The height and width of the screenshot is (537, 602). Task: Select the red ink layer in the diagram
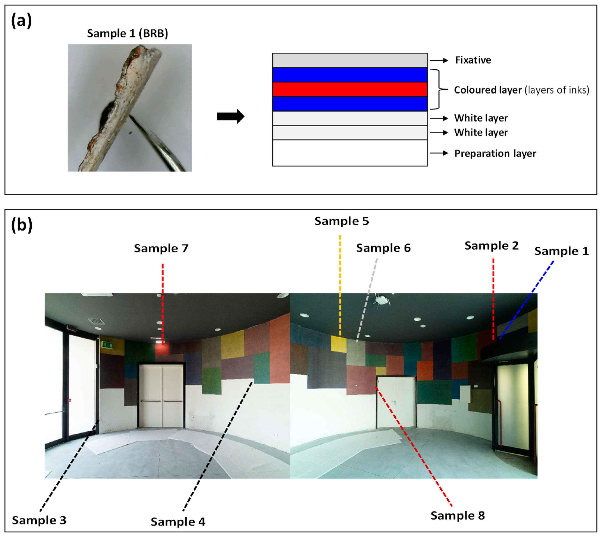(350, 89)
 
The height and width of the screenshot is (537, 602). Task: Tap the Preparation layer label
(495, 153)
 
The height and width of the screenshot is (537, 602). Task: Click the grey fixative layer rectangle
(350, 60)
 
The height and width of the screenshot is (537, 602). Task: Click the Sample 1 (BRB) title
(127, 33)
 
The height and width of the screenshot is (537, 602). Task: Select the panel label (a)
(21, 21)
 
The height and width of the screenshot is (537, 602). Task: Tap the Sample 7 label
(161, 249)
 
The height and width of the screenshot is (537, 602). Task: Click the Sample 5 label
(341, 221)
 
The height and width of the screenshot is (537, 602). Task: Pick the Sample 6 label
(383, 248)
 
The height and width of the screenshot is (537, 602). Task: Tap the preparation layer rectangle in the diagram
(350, 153)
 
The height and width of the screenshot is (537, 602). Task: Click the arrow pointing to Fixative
(439, 60)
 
